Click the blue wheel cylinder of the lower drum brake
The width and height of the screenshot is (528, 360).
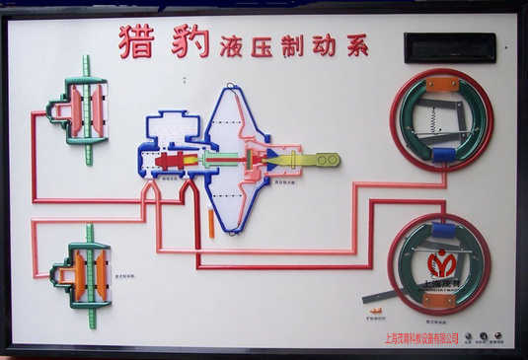(x=443, y=230)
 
